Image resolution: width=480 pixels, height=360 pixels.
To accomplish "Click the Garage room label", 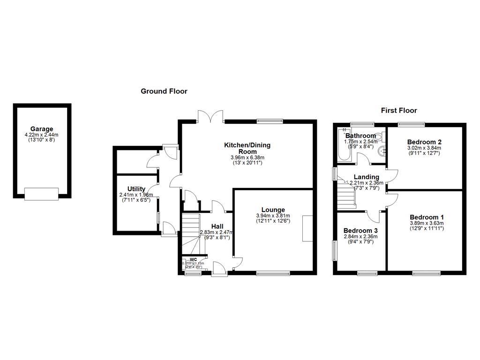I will click(42, 129).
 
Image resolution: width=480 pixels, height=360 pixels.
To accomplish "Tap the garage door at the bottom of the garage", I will click(42, 194).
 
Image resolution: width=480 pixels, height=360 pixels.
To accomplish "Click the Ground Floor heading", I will click(164, 91).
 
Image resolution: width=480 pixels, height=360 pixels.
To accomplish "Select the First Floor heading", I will click(398, 111).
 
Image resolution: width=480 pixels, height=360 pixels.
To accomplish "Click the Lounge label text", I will click(273, 210).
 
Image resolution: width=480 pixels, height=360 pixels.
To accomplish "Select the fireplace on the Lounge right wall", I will click(307, 228).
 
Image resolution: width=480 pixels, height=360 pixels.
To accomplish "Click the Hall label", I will click(217, 226).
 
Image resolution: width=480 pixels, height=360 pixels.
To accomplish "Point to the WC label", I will click(193, 259).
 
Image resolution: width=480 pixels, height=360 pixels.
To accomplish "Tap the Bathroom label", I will click(360, 136).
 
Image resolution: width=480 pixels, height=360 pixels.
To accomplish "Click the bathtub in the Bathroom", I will click(342, 145).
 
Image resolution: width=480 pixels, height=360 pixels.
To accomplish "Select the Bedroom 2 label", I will click(424, 142).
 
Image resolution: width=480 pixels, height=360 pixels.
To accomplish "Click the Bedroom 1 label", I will click(427, 217).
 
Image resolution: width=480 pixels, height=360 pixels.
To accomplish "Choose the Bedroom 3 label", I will click(360, 231).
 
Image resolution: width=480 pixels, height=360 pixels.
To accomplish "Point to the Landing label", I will click(366, 177).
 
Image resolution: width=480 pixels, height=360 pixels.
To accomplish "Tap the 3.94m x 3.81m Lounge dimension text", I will click(273, 216).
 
